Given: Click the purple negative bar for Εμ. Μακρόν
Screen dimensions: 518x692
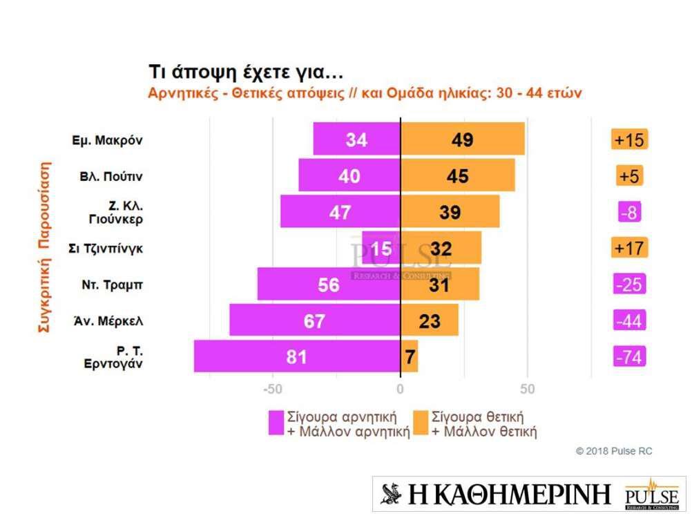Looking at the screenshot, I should [x=356, y=139].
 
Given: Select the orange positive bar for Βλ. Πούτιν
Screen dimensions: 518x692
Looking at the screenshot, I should [x=457, y=175].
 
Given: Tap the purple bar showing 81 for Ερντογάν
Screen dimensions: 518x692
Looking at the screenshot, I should [x=297, y=356].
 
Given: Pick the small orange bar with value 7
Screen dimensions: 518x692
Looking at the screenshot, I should [x=410, y=356].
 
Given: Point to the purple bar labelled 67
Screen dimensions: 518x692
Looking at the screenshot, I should [x=315, y=320].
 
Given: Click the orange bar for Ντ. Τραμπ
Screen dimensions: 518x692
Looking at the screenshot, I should [x=440, y=284].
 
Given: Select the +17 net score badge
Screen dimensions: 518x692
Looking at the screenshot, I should [x=629, y=247].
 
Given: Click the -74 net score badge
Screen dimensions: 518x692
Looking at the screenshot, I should [x=629, y=356].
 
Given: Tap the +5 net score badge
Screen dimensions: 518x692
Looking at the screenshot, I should [x=629, y=175].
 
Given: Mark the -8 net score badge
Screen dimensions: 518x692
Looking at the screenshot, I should [x=629, y=211].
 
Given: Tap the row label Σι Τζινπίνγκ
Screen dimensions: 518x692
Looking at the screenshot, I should [x=107, y=247].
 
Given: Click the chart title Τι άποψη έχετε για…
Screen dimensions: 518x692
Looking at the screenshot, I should [x=246, y=73].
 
